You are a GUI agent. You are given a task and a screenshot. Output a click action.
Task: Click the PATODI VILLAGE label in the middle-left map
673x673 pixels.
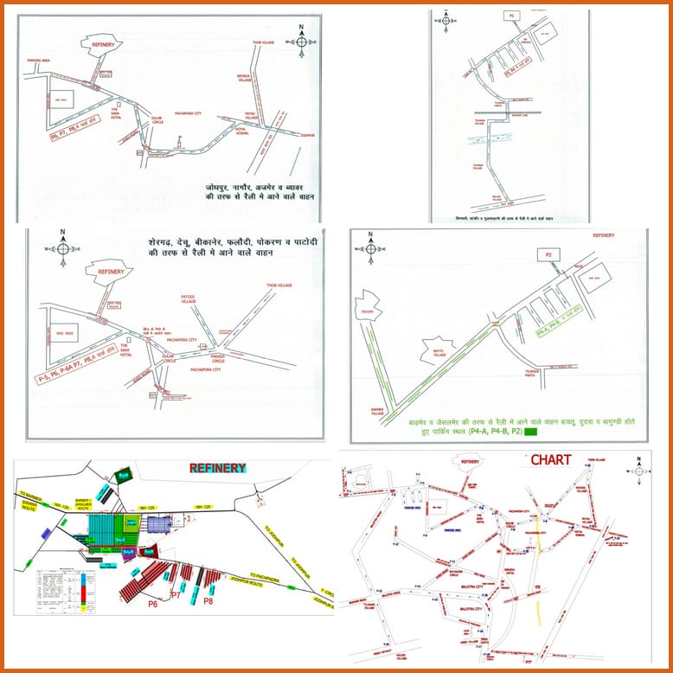click(x=189, y=299)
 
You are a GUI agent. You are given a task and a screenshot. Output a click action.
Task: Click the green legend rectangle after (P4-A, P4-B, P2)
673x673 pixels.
click(x=530, y=430)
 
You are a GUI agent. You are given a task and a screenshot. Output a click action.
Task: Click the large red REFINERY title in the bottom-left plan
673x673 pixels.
click(x=218, y=467)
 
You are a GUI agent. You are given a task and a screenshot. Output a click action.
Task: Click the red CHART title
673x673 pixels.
click(x=551, y=460)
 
